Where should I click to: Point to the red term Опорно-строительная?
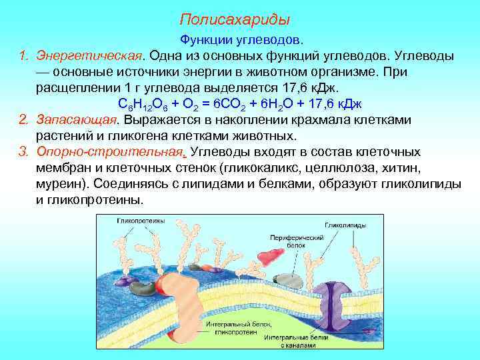coord(109,152)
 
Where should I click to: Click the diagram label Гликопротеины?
coord(137,221)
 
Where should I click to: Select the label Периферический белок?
coord(287,241)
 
